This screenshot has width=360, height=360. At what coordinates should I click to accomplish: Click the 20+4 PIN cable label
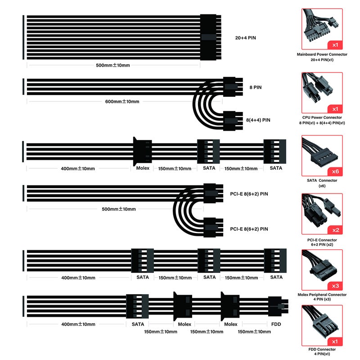click(x=245, y=38)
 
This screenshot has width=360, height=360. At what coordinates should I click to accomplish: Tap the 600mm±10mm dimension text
click(x=122, y=102)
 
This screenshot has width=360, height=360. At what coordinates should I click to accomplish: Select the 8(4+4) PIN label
click(x=258, y=120)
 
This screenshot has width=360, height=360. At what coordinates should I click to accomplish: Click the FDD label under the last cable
click(x=276, y=324)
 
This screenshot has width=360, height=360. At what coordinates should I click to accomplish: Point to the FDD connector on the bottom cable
click(x=278, y=306)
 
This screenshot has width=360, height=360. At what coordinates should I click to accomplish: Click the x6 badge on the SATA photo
click(x=335, y=171)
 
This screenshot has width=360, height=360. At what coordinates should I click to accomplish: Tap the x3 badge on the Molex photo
click(x=335, y=286)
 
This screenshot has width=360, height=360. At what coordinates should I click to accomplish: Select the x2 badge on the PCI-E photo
click(x=335, y=230)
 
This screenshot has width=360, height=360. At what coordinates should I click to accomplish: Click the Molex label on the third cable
click(x=143, y=168)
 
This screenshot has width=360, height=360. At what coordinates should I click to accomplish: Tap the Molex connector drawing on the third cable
click(x=142, y=151)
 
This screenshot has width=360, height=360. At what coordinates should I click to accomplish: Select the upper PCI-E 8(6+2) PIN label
click(x=249, y=194)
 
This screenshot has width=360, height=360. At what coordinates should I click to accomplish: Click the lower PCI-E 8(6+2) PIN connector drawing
click(x=213, y=228)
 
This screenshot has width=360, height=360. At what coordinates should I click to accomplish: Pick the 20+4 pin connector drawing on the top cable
click(x=211, y=37)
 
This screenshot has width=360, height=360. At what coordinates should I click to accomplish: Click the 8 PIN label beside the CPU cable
click(x=255, y=87)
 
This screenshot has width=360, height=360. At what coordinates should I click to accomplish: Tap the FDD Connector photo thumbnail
click(x=322, y=325)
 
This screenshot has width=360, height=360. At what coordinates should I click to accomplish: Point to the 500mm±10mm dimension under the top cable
click(x=113, y=65)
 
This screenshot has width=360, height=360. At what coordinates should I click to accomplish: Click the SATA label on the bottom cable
click(x=138, y=324)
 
